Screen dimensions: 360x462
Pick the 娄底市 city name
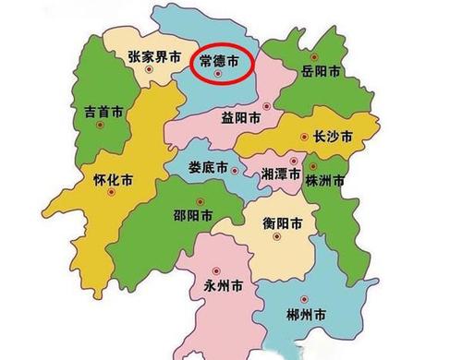(x=208, y=168)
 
